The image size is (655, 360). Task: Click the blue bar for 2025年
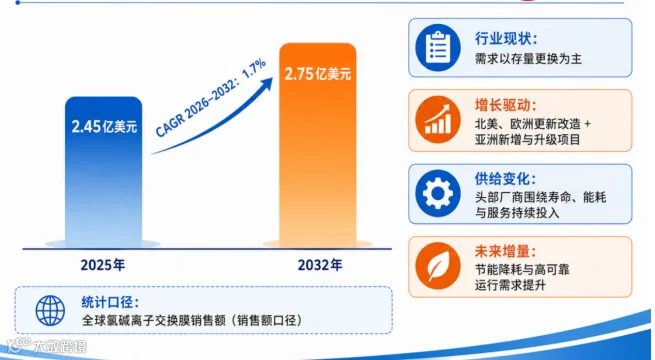104,172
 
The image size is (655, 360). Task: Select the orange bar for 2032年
318,145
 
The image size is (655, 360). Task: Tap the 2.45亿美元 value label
104,126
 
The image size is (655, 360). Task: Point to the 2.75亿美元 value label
318,74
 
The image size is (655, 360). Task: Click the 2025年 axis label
103,265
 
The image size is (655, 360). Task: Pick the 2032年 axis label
320,265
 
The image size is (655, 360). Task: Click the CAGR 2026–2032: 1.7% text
211,98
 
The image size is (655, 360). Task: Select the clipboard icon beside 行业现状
438,47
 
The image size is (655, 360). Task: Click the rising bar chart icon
438,120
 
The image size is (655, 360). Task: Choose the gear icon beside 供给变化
438,193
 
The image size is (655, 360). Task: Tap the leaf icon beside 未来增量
438,266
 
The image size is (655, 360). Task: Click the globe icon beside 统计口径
50,311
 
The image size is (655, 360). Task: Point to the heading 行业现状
505,39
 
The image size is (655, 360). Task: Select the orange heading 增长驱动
505,105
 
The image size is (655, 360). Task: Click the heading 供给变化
505,179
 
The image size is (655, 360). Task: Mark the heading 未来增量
505,251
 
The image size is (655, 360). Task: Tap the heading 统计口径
110,302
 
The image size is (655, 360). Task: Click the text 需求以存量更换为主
528,59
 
